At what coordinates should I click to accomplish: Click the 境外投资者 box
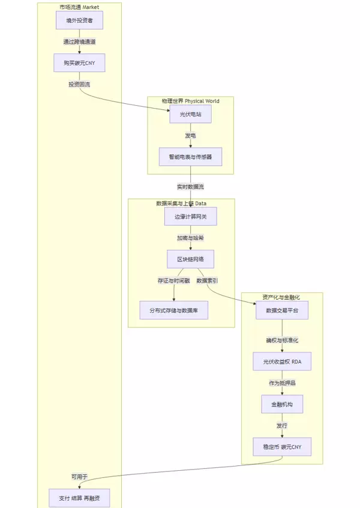point(79,20)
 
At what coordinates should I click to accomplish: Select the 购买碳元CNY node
point(79,62)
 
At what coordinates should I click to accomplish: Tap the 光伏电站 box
point(190,113)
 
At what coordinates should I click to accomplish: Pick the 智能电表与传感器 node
point(190,157)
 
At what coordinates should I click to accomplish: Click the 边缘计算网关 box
point(190,216)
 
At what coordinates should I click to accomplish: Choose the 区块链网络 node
point(190,259)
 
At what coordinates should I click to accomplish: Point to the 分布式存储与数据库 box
point(174,310)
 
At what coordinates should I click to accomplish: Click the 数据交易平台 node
point(282,310)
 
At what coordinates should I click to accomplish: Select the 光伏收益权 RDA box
point(282,361)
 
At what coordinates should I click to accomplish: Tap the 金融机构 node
point(282,404)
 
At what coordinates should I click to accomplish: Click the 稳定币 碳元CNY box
point(282,447)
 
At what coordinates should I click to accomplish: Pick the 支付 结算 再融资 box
point(79,498)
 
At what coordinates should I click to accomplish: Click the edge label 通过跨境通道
point(79,41)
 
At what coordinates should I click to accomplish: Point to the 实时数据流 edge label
point(190,187)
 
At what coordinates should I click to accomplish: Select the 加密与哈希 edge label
point(190,238)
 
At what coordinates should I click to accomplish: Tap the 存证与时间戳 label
point(173,280)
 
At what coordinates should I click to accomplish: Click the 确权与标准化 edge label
point(282,340)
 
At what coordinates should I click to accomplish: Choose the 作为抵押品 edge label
point(282,383)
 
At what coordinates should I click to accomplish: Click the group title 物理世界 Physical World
point(190,101)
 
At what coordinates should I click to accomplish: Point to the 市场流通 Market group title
point(79,7)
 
